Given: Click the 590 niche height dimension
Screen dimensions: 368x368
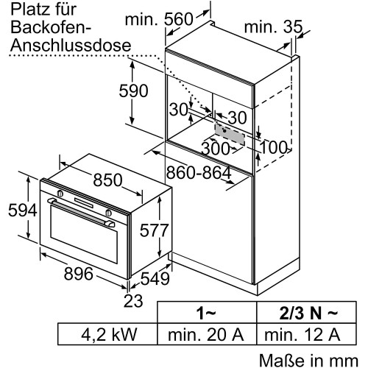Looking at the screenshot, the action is pos(133,91).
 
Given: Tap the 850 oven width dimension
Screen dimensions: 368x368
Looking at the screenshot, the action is pos(107,180).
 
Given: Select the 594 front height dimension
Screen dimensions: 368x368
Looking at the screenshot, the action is pos(23,210).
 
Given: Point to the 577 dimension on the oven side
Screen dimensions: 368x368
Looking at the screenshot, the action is pos(154,230).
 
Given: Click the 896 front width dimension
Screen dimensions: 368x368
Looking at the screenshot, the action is pos(79,274).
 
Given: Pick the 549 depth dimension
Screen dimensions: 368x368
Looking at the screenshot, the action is pos(155,278).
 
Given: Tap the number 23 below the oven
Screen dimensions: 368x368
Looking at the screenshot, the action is pos(133,301).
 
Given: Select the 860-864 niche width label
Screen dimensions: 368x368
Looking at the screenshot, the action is pos(199,172).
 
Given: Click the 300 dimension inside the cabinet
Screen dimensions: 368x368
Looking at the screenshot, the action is pos(216,149).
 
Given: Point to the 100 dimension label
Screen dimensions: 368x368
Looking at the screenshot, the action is pos(273,147).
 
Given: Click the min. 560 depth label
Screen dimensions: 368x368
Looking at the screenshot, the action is pos(159,19).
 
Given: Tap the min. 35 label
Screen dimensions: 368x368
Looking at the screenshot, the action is pos(273,26).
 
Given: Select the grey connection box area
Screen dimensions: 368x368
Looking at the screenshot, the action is pos(230,134).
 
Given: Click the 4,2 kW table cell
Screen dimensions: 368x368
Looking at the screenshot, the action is pos(109,334).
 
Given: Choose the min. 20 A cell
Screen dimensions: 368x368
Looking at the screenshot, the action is pos(205,334).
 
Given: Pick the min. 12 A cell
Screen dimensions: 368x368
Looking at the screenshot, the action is pos(302,334).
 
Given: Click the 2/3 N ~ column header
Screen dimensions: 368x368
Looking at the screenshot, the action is pos(308,313).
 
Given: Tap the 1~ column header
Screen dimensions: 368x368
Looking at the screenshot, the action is pos(206,313).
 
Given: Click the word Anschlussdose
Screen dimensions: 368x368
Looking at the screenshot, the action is pos(71,45).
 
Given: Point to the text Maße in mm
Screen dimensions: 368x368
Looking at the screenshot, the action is pos(308,360).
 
